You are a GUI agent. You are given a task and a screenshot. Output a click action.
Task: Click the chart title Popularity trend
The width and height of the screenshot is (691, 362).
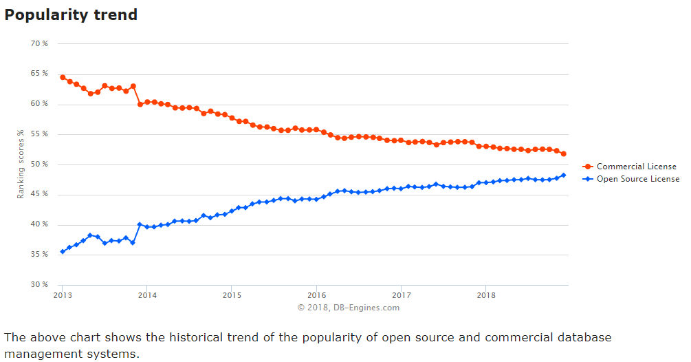tap(71, 14)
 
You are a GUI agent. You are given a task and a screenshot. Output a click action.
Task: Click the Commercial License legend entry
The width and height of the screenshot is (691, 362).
tap(636, 167)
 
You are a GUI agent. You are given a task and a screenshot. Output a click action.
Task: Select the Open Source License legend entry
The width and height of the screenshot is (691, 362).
tap(637, 179)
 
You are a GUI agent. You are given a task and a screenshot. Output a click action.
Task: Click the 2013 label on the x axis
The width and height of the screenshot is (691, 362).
tap(62, 295)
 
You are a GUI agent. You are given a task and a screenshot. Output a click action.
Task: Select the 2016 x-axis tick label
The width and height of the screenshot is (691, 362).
tap(316, 295)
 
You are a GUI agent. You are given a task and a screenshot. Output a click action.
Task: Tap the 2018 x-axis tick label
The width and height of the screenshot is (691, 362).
tap(485, 295)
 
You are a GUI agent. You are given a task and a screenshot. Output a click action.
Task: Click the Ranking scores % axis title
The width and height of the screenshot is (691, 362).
tap(21, 164)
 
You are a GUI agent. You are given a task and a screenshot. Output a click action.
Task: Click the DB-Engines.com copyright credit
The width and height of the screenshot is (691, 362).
tap(348, 308)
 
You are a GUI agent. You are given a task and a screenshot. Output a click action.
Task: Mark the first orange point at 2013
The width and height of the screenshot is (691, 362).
tap(63, 77)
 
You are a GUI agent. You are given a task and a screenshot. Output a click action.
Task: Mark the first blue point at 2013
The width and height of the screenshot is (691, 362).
tap(63, 252)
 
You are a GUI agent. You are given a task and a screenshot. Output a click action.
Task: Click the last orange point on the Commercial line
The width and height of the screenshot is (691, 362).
tap(564, 153)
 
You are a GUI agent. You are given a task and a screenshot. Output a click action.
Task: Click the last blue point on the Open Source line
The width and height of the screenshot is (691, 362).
tap(564, 175)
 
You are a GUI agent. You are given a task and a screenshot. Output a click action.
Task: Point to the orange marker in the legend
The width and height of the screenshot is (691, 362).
tap(588, 167)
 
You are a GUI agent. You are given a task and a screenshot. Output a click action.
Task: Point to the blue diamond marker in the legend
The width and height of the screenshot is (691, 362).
tap(588, 179)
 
